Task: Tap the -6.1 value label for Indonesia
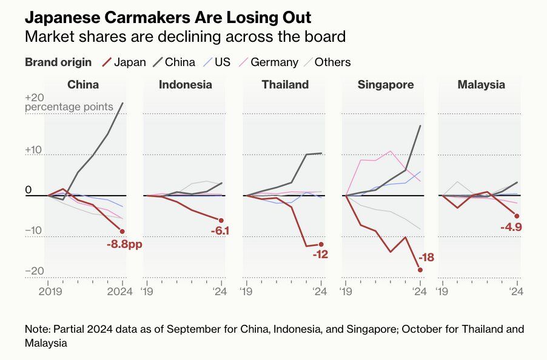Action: point(220,230)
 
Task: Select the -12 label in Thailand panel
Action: point(320,255)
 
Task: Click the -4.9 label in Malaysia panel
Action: point(511,227)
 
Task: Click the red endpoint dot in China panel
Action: point(122,231)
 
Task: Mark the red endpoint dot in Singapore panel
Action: point(420,270)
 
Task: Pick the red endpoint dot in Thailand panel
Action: point(321,244)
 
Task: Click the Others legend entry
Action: point(326,62)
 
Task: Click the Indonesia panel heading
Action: point(186,85)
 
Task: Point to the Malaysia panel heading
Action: point(481,85)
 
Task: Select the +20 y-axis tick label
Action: point(35,98)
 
